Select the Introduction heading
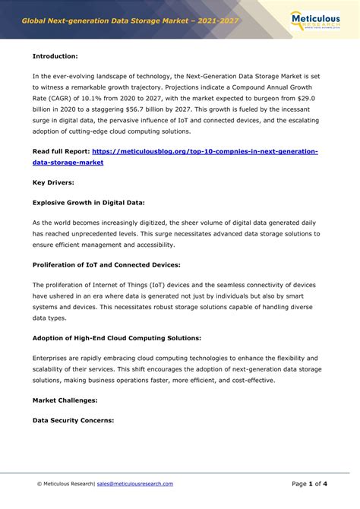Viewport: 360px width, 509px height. (55, 56)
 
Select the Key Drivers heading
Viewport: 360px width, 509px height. (54, 182)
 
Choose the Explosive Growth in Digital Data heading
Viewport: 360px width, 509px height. (88, 203)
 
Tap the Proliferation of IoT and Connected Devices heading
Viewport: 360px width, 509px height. (106, 264)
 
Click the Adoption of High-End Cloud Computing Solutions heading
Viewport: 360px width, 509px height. (116, 337)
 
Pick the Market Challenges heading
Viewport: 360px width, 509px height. (65, 399)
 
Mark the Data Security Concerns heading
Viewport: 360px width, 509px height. (73, 419)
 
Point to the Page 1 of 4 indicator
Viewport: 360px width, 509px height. (309, 483)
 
